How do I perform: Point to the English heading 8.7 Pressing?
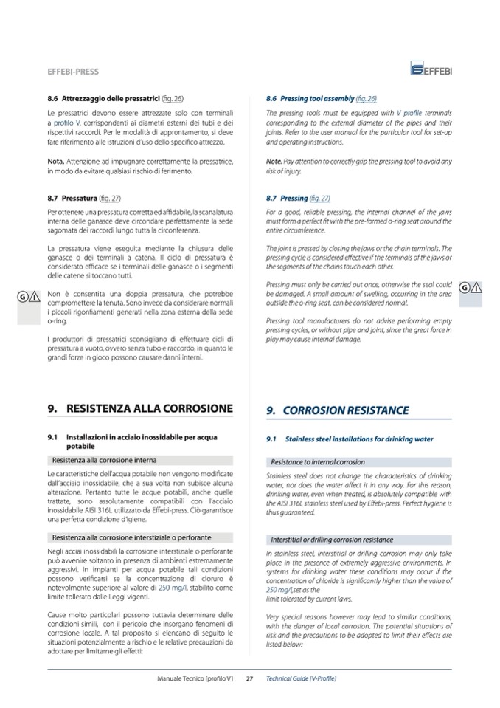point(287,199)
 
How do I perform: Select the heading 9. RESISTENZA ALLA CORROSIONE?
point(139,408)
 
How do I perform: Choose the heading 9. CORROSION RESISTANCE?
point(336,410)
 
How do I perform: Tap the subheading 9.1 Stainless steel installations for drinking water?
point(350,439)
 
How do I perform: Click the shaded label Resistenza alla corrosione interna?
point(104,460)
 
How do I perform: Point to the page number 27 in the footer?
point(249,678)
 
